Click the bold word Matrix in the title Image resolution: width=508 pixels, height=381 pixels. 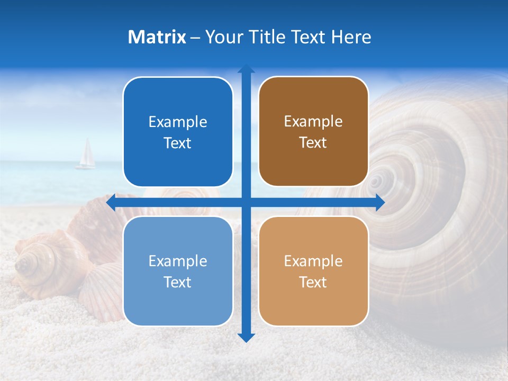point(157,37)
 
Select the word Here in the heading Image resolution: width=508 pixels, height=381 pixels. point(351,37)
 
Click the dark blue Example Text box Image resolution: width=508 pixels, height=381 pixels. point(178,132)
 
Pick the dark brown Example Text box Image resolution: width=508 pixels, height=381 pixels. point(313,132)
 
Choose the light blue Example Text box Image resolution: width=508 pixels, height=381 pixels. point(178,271)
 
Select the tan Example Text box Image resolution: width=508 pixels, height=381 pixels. point(313,271)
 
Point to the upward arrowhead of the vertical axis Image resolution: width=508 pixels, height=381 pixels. point(246,69)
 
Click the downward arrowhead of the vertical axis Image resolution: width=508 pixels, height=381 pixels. point(246,337)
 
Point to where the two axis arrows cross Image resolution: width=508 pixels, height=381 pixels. point(246,203)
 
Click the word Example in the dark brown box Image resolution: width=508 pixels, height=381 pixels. point(313,122)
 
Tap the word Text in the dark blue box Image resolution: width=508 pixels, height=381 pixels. point(178,143)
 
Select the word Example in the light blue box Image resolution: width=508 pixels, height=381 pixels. point(178,261)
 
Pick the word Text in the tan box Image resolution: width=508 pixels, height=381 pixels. point(313,282)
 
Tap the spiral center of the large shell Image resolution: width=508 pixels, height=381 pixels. point(376,181)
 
